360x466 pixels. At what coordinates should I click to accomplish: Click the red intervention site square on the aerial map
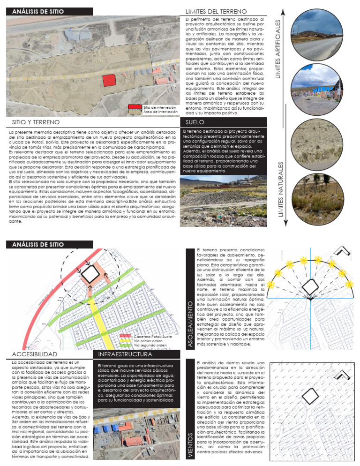(109, 80)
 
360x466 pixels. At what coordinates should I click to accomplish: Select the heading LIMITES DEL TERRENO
(209, 11)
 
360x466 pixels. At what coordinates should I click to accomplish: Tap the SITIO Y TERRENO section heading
(36, 122)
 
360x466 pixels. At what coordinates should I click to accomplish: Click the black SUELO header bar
(223, 122)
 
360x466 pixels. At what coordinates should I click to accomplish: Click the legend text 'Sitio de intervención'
(159, 107)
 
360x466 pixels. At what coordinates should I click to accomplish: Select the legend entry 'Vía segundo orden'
(150, 345)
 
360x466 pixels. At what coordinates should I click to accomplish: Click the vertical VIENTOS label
(191, 446)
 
